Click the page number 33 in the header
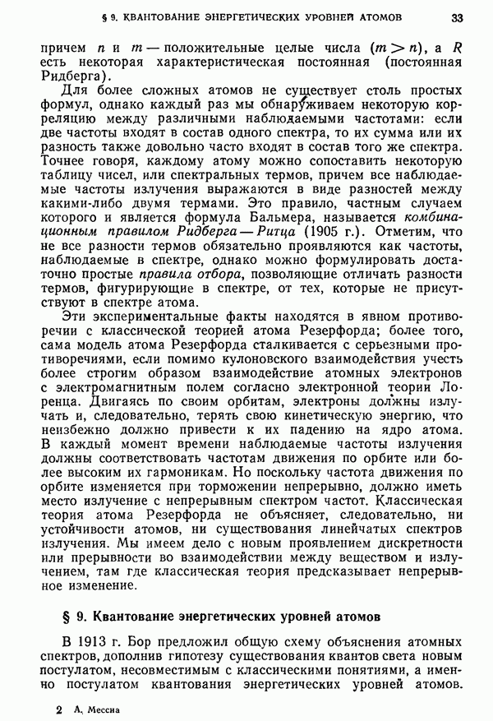tap(458, 16)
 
